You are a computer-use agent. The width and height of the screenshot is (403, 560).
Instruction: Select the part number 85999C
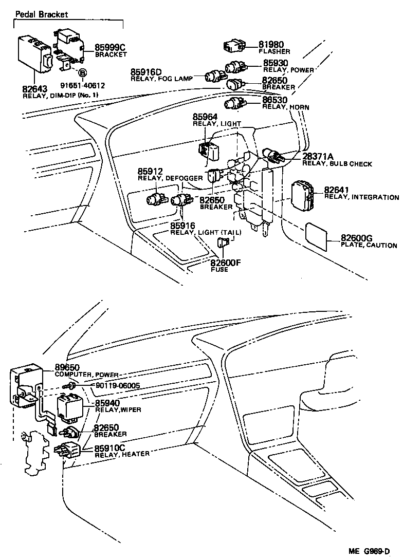pyautogui.click(x=110, y=47)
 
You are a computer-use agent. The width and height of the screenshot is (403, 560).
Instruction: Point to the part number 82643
pyautogui.click(x=34, y=89)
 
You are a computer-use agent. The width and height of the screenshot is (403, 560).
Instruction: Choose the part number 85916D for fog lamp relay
pyautogui.click(x=146, y=72)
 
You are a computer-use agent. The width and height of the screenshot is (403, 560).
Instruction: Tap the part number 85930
pyautogui.click(x=276, y=63)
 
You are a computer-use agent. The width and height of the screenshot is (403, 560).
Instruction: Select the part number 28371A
pyautogui.click(x=318, y=156)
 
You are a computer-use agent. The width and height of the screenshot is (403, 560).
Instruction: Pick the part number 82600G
pyautogui.click(x=356, y=238)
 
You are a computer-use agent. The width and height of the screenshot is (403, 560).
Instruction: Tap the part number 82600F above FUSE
pyautogui.click(x=226, y=263)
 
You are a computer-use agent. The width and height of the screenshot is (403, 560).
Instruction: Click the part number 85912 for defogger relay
pyautogui.click(x=150, y=171)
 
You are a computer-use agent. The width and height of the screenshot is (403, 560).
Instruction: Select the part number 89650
pyautogui.click(x=68, y=367)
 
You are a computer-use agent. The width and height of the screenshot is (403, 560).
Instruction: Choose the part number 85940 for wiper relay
pyautogui.click(x=107, y=403)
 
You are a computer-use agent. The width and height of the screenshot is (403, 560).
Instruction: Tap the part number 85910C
pyautogui.click(x=109, y=447)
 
